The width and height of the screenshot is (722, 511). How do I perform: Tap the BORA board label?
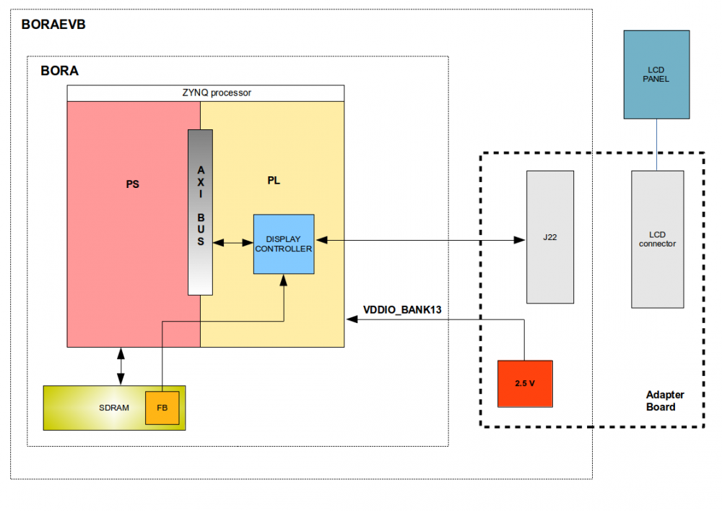(60, 72)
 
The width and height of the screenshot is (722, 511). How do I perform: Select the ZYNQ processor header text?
(206, 93)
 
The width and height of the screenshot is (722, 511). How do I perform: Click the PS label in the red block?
(132, 184)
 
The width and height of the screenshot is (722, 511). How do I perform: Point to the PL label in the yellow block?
(274, 181)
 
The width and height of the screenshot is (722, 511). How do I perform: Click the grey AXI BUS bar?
(200, 212)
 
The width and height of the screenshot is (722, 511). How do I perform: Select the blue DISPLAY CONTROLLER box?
(284, 244)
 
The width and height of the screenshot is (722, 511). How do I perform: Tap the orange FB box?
(162, 408)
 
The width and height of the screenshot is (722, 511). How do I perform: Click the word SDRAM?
(114, 408)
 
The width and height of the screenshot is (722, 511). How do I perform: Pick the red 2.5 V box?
(525, 383)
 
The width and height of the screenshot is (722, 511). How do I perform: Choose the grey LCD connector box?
(657, 239)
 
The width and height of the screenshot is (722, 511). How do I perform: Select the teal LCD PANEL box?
(656, 74)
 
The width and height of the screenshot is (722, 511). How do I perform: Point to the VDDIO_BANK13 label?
(402, 310)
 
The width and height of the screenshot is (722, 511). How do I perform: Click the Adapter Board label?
(665, 400)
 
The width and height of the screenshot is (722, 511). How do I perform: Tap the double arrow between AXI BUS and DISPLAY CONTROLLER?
(233, 244)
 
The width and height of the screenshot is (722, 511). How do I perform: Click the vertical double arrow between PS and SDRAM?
(121, 366)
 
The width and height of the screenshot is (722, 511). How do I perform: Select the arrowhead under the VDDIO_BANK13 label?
(351, 319)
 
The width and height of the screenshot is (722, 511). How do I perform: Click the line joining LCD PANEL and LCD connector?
(656, 144)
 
